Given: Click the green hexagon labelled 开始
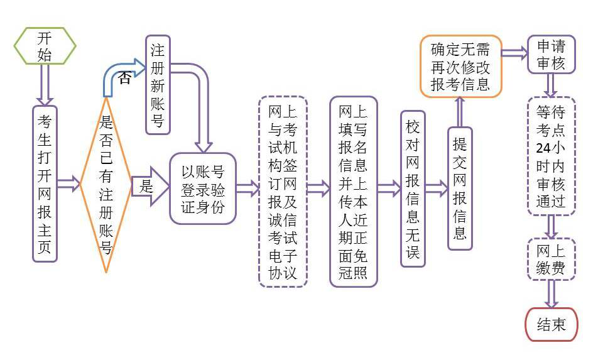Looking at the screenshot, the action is tap(45, 46).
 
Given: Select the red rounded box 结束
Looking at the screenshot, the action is tap(551, 324).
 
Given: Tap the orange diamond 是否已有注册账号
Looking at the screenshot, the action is tap(106, 184).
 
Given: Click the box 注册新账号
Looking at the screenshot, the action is tap(158, 85).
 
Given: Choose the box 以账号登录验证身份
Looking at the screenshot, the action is tap(203, 188).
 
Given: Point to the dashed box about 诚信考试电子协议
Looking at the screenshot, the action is tap(283, 192).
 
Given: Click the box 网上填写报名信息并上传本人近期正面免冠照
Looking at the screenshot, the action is tap(354, 192).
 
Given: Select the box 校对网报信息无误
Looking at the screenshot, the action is tap(413, 188).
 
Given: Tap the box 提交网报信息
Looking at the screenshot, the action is tap(460, 188).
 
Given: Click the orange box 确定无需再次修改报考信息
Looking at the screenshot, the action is tap(460, 66).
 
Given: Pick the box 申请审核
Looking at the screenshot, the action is tap(551, 54).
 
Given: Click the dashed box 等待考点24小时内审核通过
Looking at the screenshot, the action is tap(551, 156).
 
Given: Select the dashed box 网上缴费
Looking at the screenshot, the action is tap(551, 259).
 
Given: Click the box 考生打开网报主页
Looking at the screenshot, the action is tap(45, 184).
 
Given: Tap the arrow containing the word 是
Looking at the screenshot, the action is tap(150, 187).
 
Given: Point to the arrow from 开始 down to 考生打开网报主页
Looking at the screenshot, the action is tap(45, 85).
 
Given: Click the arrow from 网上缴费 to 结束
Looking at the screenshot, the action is tap(551, 294).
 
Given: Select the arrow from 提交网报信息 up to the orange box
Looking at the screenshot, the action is tap(460, 112).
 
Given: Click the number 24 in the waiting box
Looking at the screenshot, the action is tap(543, 148).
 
